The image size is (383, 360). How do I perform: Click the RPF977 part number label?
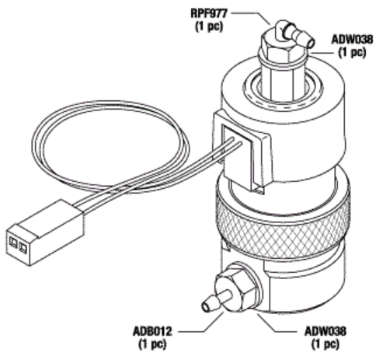(209, 14)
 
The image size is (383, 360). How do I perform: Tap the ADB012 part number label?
(152, 331)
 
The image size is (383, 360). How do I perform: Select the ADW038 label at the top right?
(353, 40)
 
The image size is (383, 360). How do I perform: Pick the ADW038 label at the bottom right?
(326, 331)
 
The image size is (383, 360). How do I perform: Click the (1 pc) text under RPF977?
(209, 26)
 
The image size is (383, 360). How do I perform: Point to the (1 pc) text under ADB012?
(152, 344)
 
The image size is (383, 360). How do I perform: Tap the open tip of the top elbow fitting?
(311, 43)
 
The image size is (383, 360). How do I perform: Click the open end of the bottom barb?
(206, 307)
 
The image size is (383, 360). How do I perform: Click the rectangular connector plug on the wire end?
(44, 232)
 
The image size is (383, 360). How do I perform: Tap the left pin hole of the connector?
(13, 243)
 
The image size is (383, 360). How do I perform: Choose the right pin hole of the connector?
(23, 248)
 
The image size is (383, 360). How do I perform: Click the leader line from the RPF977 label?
(251, 17)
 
